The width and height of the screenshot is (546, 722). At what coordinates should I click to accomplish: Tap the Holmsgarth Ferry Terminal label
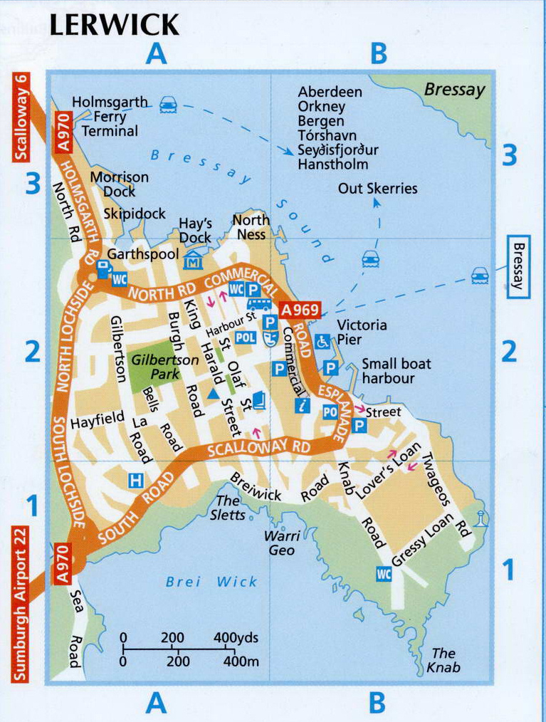pos(110,117)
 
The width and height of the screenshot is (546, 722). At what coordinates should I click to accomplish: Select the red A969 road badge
pos(300,311)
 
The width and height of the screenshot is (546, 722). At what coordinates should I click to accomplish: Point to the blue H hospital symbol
pos(135,481)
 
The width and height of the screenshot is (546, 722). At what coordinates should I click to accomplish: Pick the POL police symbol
pos(244,337)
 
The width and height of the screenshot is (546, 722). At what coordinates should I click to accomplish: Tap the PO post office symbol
pos(330,411)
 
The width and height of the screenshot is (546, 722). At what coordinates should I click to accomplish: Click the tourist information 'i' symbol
pos(302,406)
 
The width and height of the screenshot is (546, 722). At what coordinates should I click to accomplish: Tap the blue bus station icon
pos(262,305)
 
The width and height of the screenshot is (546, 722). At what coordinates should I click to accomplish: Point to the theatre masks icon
pos(270,338)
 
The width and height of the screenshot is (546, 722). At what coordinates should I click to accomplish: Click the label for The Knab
pos(443,660)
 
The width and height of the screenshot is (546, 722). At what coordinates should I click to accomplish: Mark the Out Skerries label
pos(377,189)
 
